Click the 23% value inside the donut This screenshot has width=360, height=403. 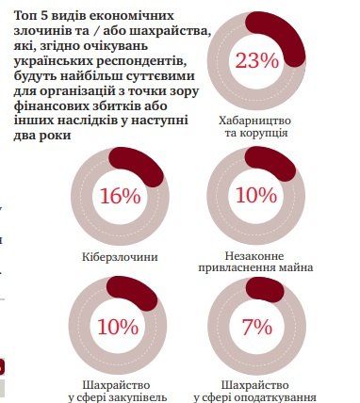click(270, 62)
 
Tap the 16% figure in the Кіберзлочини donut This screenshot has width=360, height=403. click(119, 196)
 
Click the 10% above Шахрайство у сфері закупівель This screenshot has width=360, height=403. click(119, 327)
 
